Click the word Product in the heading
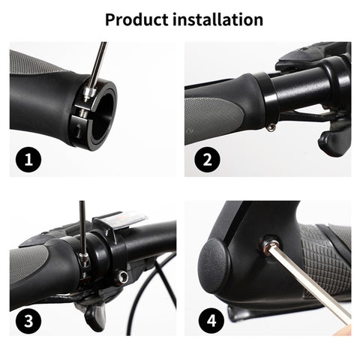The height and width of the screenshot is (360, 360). coord(136,19)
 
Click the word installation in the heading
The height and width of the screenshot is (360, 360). coord(217,19)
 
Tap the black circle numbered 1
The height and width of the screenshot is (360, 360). coord(28,159)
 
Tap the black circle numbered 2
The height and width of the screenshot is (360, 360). coord(207,159)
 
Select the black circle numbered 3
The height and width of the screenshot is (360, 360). coord(28,320)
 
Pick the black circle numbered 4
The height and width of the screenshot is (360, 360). coord(211,320)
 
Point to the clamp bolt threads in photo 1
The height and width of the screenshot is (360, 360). coord(82,112)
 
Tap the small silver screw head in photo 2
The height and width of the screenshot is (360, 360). coord(271,128)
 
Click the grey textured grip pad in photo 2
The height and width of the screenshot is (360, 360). coord(212,120)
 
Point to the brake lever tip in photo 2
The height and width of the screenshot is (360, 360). coord(331,144)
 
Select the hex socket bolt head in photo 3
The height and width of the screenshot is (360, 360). coord(121,277)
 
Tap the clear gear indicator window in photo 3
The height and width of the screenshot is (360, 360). coord(122,219)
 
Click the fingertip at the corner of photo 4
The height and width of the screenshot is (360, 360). coord(343,331)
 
